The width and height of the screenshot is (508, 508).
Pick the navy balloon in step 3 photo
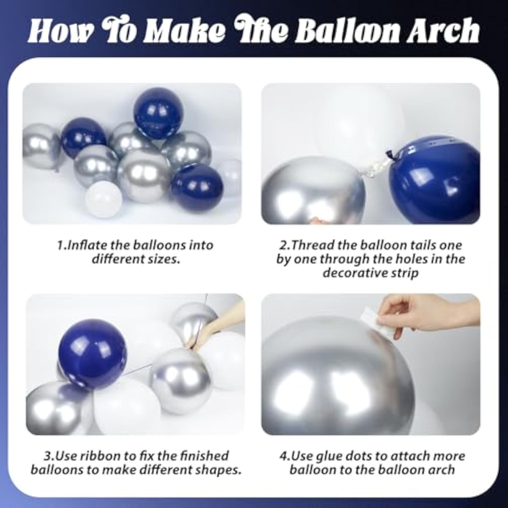pyautogui.click(x=92, y=354)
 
